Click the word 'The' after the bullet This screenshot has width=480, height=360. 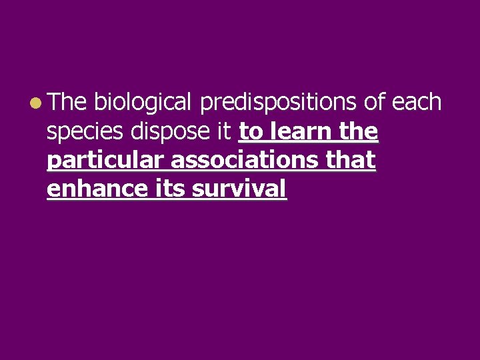pyautogui.click(x=67, y=103)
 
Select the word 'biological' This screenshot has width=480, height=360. pyautogui.click(x=143, y=103)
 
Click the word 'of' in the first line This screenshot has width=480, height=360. pyautogui.click(x=374, y=103)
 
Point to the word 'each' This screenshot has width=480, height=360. pyautogui.click(x=417, y=103)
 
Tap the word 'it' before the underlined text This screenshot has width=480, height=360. pyautogui.click(x=225, y=131)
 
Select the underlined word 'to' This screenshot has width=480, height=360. pyautogui.click(x=251, y=132)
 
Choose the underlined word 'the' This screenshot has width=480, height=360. pyautogui.click(x=358, y=131)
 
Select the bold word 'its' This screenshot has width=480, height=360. pyautogui.click(x=169, y=189)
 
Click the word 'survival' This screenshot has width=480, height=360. pyautogui.click(x=239, y=189)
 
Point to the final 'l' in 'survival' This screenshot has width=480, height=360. pyautogui.click(x=283, y=189)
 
